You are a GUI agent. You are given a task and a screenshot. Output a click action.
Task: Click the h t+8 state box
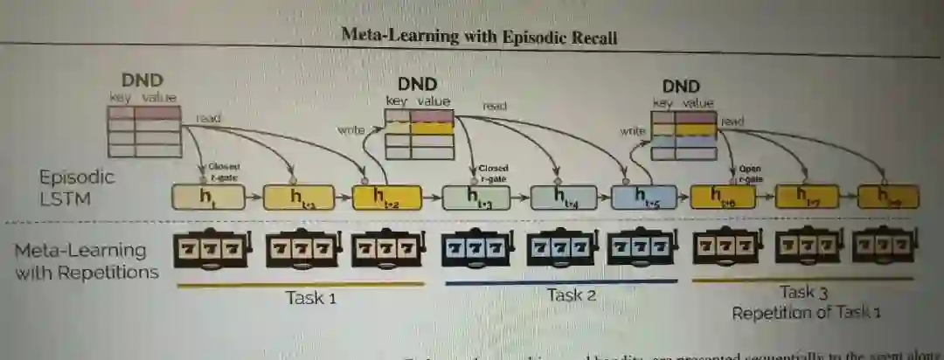[888, 196]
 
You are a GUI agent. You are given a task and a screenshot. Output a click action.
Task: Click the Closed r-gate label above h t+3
[494, 171]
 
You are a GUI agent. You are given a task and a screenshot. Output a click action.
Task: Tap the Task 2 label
[572, 294]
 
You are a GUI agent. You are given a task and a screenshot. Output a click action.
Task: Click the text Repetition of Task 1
[806, 312]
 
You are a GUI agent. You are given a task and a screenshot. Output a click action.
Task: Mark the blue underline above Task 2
[561, 281]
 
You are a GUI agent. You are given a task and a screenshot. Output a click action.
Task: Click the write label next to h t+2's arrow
[350, 130]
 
